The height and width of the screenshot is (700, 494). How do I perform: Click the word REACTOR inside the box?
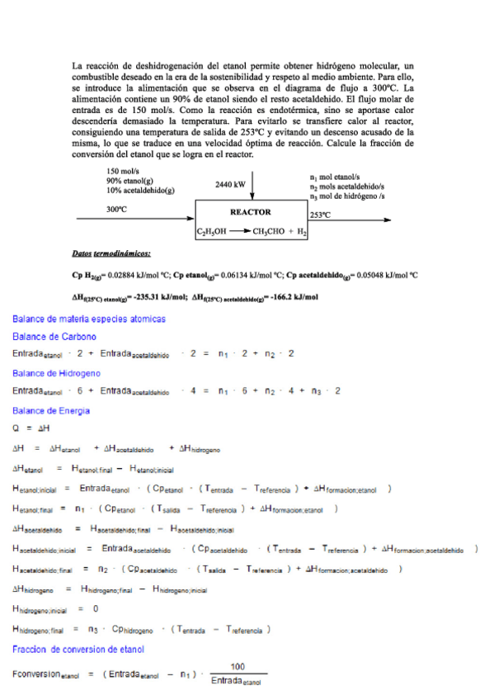(x=251, y=212)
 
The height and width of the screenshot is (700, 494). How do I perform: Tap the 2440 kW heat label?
(x=229, y=185)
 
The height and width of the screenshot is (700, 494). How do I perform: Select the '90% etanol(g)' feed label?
(x=129, y=180)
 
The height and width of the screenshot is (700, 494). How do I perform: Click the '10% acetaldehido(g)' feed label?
(x=140, y=190)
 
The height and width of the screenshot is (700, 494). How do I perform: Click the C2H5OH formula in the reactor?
(x=212, y=233)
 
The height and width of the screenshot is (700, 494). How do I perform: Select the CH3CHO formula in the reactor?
(x=269, y=233)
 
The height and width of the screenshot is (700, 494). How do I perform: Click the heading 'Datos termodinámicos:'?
(x=111, y=254)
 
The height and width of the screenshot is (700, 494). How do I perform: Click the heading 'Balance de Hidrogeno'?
(x=57, y=373)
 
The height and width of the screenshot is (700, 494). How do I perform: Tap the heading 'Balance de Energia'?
(x=51, y=410)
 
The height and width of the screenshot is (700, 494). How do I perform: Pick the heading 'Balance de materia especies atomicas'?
(x=89, y=319)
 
